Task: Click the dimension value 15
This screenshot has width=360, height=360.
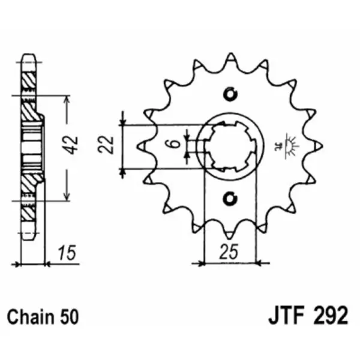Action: coord(67,253)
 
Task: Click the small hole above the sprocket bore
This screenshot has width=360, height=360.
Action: coord(230,94)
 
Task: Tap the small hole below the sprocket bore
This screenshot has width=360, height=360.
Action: coord(230,199)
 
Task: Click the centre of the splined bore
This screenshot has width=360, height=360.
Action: coord(230,146)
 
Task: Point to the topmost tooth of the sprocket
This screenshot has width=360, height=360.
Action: coord(230,58)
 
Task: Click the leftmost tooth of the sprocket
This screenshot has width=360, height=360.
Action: coord(142,146)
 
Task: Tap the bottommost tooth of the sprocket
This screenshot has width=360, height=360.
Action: coord(230,233)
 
